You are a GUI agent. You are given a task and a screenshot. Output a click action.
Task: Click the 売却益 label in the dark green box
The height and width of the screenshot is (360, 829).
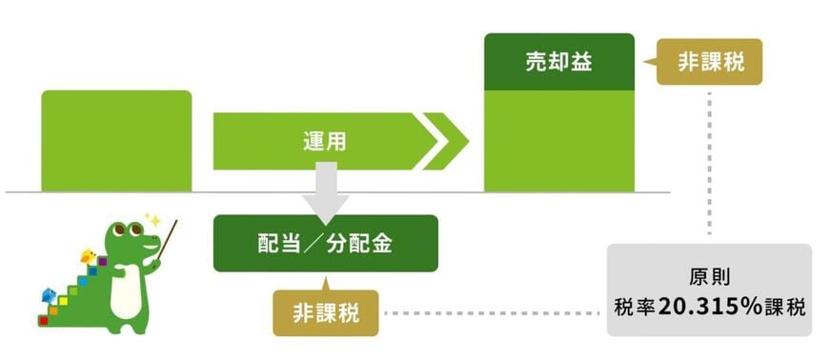pyautogui.click(x=558, y=62)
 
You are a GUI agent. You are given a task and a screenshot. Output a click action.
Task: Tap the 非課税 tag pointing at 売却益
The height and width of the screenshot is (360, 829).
pyautogui.click(x=710, y=62)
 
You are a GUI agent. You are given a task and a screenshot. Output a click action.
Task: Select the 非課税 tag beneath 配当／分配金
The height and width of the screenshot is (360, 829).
pyautogui.click(x=325, y=312)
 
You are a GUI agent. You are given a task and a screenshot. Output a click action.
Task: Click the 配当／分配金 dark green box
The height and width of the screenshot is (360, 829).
pyautogui.click(x=325, y=243)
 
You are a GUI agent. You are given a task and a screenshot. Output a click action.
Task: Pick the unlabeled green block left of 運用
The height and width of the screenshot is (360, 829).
pyautogui.click(x=116, y=141)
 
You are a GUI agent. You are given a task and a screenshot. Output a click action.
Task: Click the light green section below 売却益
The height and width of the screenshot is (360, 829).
pyautogui.click(x=558, y=141)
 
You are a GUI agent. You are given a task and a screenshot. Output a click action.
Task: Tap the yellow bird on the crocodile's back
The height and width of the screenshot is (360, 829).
pyautogui.click(x=89, y=255)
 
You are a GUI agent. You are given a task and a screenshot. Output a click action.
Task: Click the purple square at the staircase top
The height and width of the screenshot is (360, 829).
pyautogui.click(x=101, y=260)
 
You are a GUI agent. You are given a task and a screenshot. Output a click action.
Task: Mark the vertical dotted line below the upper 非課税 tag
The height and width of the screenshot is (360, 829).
pyautogui.click(x=710, y=162)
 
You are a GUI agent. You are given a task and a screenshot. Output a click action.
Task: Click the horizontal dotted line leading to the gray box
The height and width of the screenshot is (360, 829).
pyautogui.click(x=491, y=312)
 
